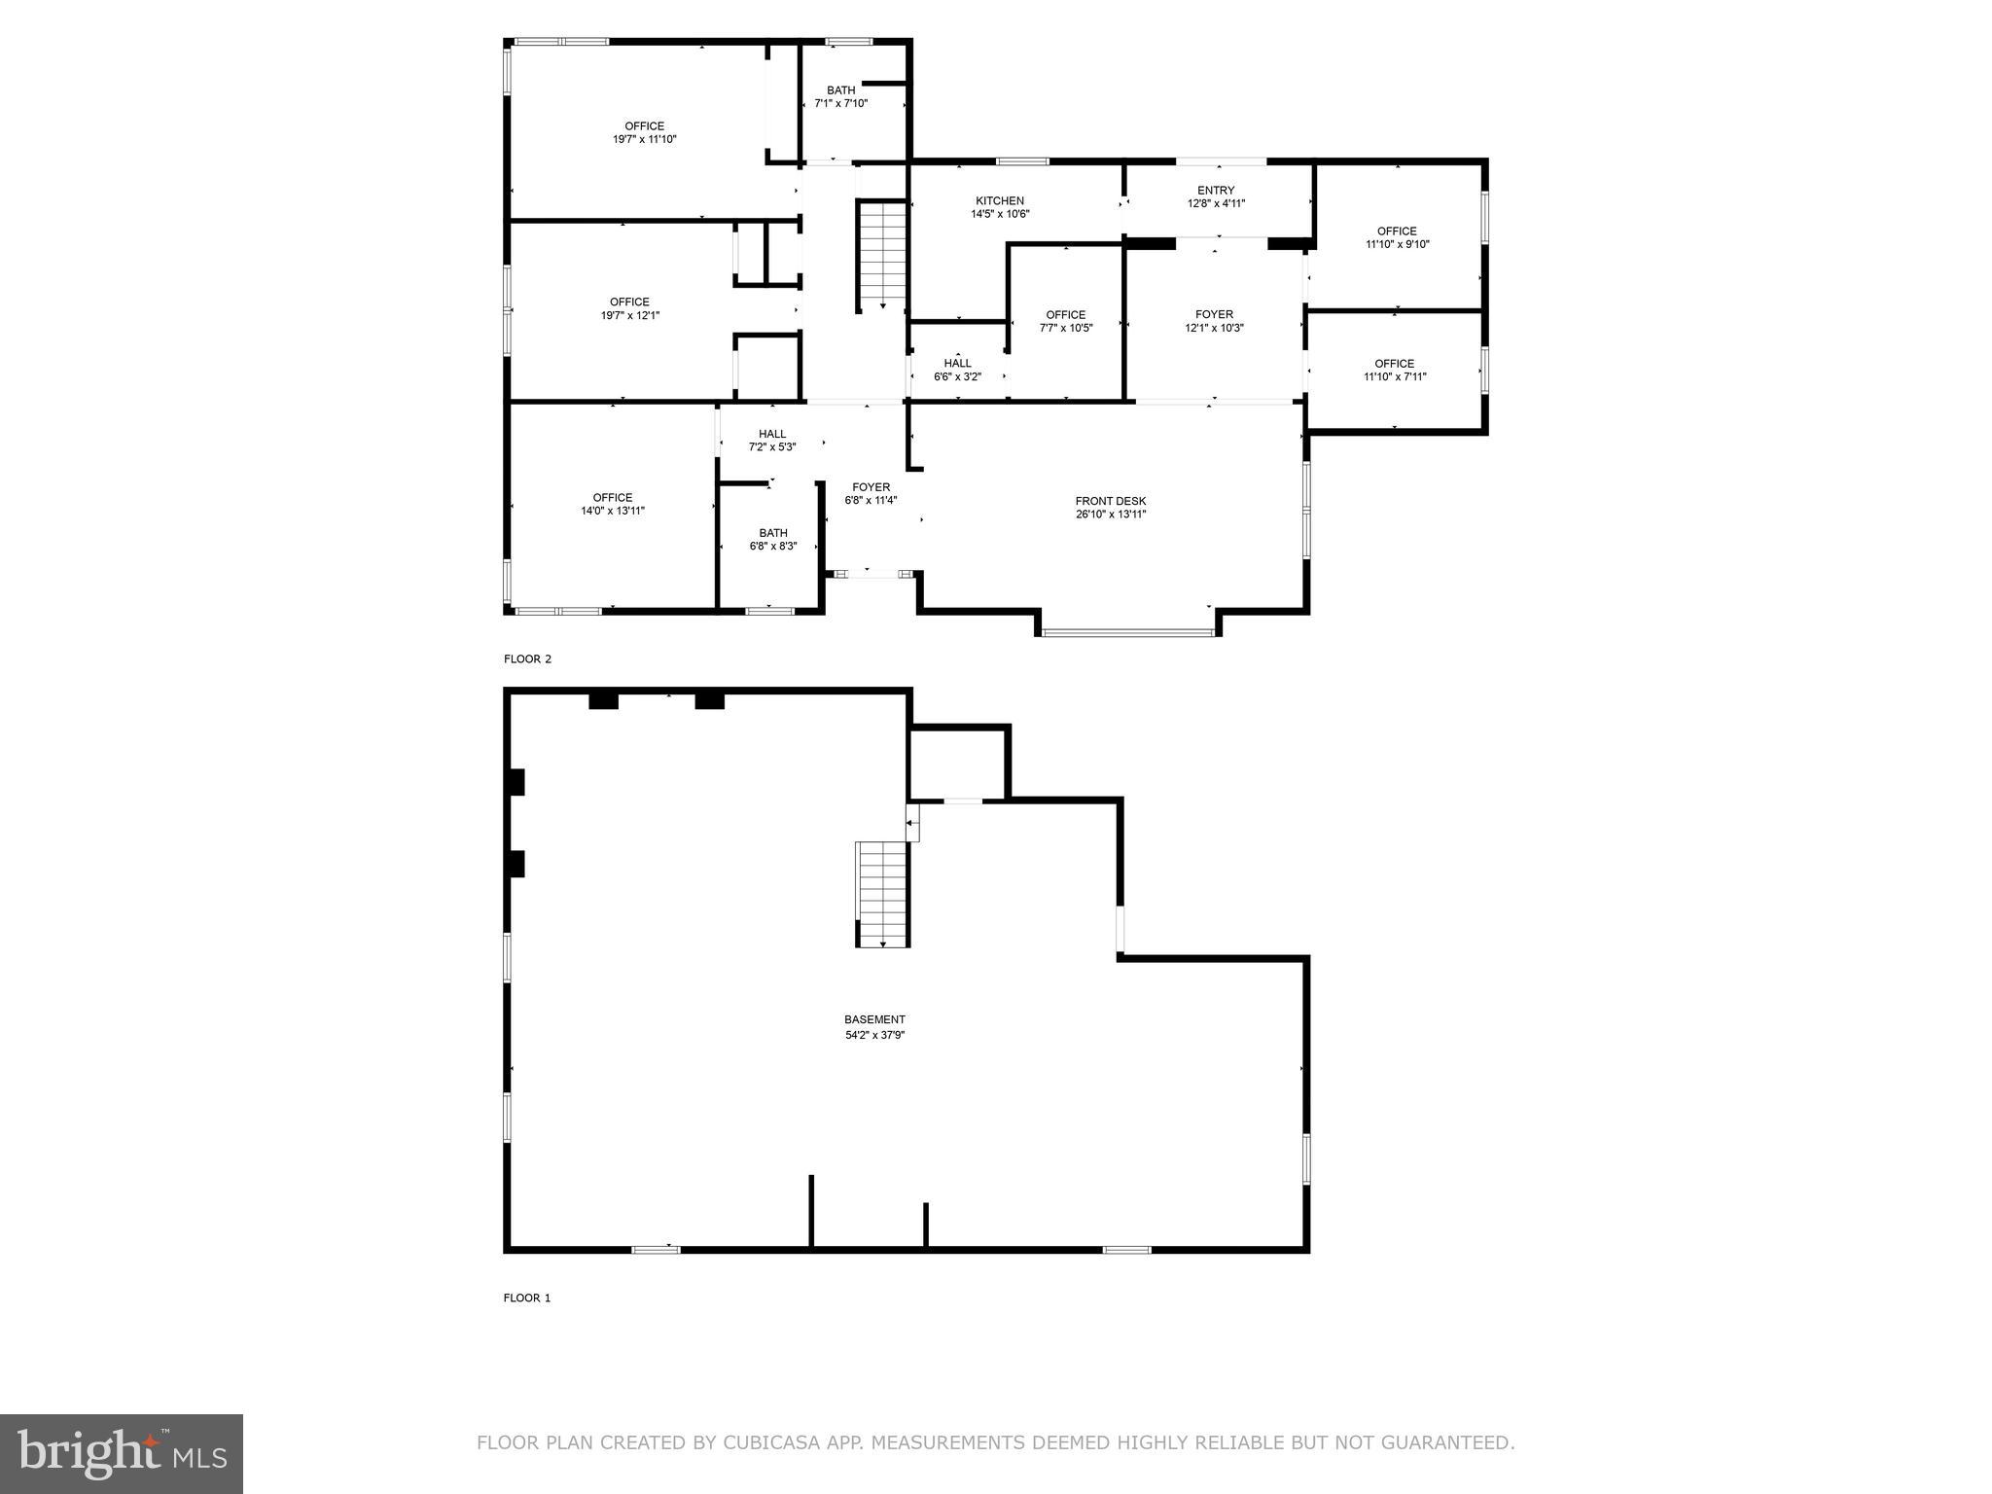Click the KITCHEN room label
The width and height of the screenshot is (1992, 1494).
[x=1000, y=201]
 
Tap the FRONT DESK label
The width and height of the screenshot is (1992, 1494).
[x=1111, y=501]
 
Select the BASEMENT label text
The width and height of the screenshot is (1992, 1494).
[x=874, y=1019]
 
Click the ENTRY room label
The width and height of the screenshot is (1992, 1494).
[x=1216, y=191]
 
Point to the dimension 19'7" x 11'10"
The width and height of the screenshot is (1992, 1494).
[x=644, y=139]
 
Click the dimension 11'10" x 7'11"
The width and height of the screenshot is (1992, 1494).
[x=1395, y=376]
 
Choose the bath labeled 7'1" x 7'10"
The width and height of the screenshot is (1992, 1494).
[x=841, y=96]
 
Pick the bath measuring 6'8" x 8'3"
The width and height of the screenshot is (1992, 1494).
[x=773, y=540]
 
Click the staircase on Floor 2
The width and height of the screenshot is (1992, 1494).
[x=882, y=253]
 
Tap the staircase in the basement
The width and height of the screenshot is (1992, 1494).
[x=882, y=894]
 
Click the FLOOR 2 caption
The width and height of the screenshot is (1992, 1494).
[x=527, y=658]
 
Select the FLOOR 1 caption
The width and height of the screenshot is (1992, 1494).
[x=527, y=1298]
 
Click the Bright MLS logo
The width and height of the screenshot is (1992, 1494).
[x=122, y=1454]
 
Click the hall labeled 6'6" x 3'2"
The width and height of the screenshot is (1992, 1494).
[x=957, y=370]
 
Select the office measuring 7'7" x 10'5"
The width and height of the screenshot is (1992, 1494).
[x=1066, y=321]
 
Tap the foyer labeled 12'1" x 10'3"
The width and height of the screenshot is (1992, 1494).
[x=1214, y=321]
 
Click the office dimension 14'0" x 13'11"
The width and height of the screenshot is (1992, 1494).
[x=613, y=511]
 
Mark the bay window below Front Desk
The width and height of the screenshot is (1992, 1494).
[x=1128, y=632]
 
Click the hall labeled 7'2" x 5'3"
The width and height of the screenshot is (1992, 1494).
[x=772, y=441]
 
